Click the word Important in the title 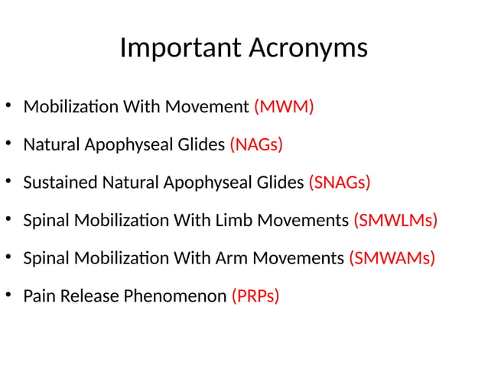coord(180,48)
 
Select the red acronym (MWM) coord(284,107)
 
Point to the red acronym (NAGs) coord(256,144)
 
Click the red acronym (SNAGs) coord(339,182)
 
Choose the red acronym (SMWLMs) coord(395,221)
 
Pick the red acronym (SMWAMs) coord(392,258)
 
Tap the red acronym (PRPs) coord(255,296)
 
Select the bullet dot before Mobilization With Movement coord(8,107)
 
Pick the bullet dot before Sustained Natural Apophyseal coord(8,182)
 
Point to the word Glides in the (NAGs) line coord(201,144)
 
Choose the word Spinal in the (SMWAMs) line coord(45,258)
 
